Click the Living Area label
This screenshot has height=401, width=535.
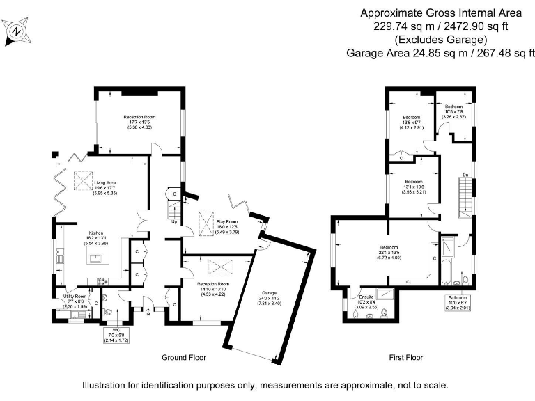click(x=105, y=182)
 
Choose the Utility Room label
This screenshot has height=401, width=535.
click(x=72, y=297)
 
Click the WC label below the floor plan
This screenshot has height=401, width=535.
click(x=107, y=330)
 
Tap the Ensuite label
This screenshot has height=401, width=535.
click(x=366, y=297)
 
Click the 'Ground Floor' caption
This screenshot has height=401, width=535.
click(x=184, y=358)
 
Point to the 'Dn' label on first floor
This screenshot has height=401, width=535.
click(x=465, y=174)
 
